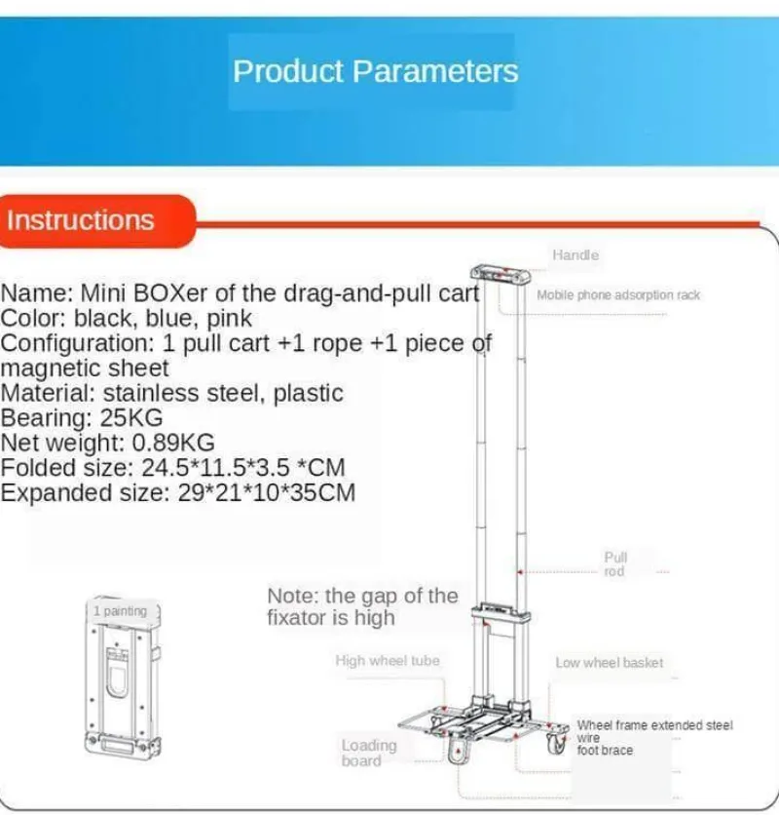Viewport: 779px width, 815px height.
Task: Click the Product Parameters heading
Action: click(375, 71)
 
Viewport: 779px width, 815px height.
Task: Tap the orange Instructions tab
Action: click(81, 220)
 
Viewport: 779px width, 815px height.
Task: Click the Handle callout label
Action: click(575, 255)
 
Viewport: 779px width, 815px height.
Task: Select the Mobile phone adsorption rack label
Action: click(618, 294)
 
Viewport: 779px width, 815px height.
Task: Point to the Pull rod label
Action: click(615, 564)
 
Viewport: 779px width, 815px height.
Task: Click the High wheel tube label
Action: click(388, 661)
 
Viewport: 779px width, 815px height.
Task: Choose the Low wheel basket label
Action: click(609, 663)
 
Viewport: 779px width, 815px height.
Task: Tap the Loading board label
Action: click(369, 753)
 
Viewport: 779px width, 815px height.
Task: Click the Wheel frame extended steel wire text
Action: click(654, 726)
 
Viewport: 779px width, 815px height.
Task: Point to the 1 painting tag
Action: click(121, 611)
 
